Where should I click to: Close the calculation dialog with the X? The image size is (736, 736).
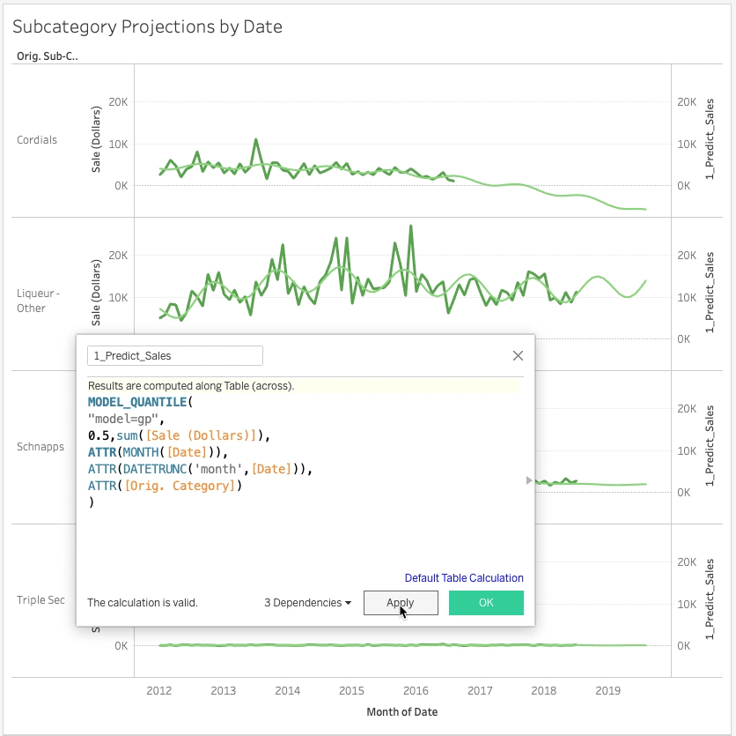[518, 356]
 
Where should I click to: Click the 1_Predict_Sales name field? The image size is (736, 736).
[174, 356]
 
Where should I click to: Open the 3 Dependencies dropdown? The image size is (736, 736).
[307, 603]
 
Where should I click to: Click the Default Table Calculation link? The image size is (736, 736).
[464, 578]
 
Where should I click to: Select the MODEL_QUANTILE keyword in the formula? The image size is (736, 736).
[137, 402]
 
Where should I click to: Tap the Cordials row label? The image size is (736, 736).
[37, 140]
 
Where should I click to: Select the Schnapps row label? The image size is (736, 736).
[40, 447]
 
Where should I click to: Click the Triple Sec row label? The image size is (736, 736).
[40, 600]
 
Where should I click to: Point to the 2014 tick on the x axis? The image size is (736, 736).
[287, 692]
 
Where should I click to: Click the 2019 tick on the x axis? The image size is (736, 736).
[607, 692]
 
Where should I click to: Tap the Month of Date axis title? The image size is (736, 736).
[401, 712]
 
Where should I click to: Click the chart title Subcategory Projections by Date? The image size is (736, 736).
[147, 26]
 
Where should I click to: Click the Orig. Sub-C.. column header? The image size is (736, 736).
[47, 56]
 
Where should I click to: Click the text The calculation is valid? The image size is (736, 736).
[143, 603]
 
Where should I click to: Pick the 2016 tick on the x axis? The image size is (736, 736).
[416, 692]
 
